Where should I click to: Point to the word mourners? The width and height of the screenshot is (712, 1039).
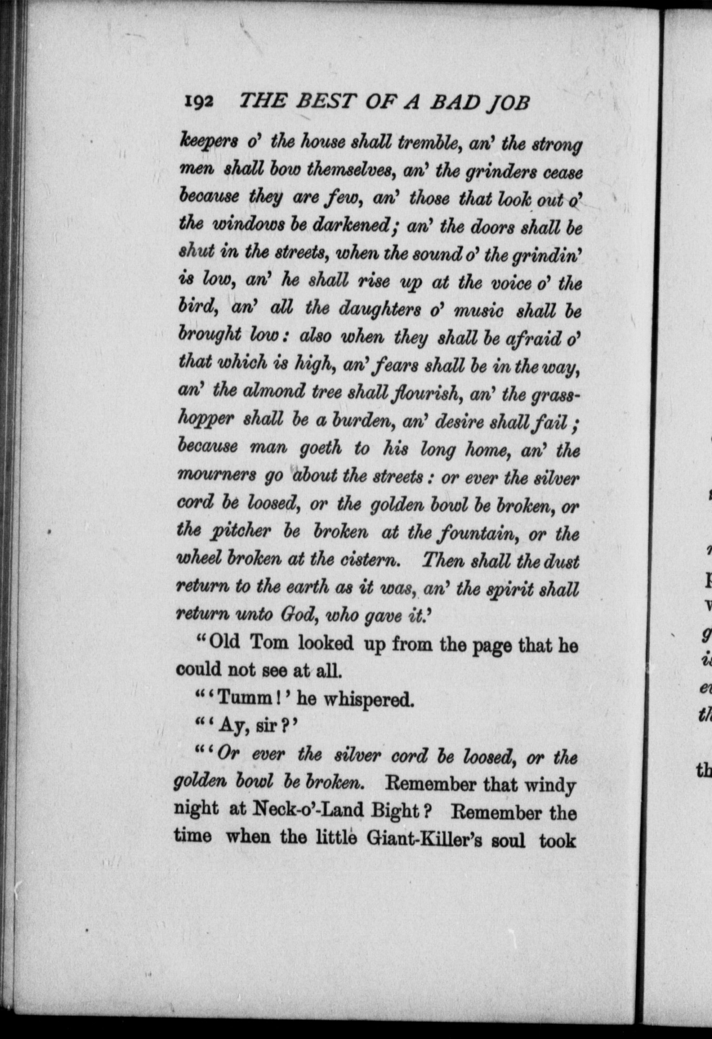pos(217,477)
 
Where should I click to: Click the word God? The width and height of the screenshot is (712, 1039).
pos(297,616)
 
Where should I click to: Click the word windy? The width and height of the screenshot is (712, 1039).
pos(551,784)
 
